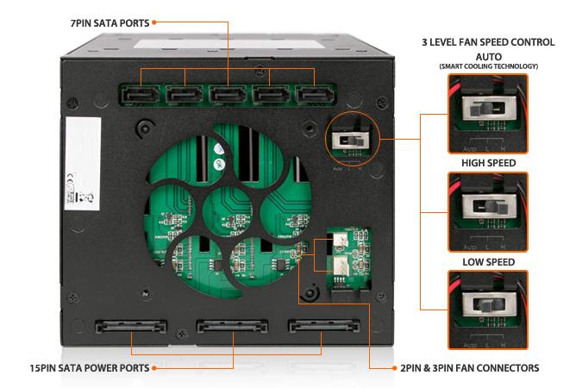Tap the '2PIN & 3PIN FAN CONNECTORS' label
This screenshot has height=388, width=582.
(x=470, y=368)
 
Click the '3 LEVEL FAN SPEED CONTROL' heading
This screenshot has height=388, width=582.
(x=488, y=41)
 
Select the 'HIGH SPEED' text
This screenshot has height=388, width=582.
(x=488, y=163)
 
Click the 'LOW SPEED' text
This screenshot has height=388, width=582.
(x=488, y=262)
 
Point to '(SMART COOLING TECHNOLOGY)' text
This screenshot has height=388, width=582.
(x=488, y=66)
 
